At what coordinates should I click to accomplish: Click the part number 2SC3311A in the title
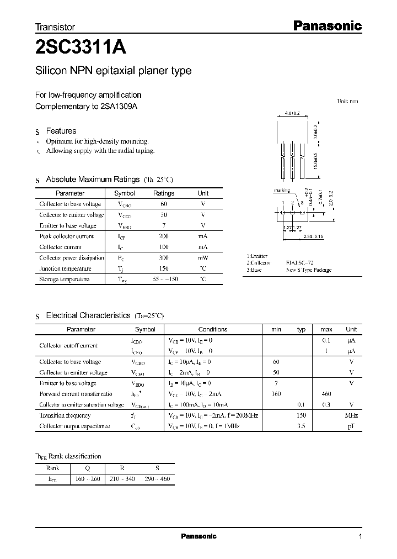point(81,48)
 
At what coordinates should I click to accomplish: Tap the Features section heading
point(61,131)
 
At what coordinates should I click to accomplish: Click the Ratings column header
point(163,193)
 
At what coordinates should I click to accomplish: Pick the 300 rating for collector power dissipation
point(163,258)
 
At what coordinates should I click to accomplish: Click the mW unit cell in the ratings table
point(203,258)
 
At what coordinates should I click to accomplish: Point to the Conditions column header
point(212,329)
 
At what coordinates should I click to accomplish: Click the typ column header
point(301,329)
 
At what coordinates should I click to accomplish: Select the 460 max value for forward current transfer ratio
point(326,394)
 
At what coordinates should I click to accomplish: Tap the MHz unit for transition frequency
point(351,415)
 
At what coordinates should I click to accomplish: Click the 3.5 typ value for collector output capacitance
point(301,426)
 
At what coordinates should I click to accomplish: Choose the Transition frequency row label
point(65,415)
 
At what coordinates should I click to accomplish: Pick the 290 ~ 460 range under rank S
point(157,479)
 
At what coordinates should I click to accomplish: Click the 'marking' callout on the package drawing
point(281,191)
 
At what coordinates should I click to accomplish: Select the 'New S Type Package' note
point(309,271)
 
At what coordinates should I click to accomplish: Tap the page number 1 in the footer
point(360,536)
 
